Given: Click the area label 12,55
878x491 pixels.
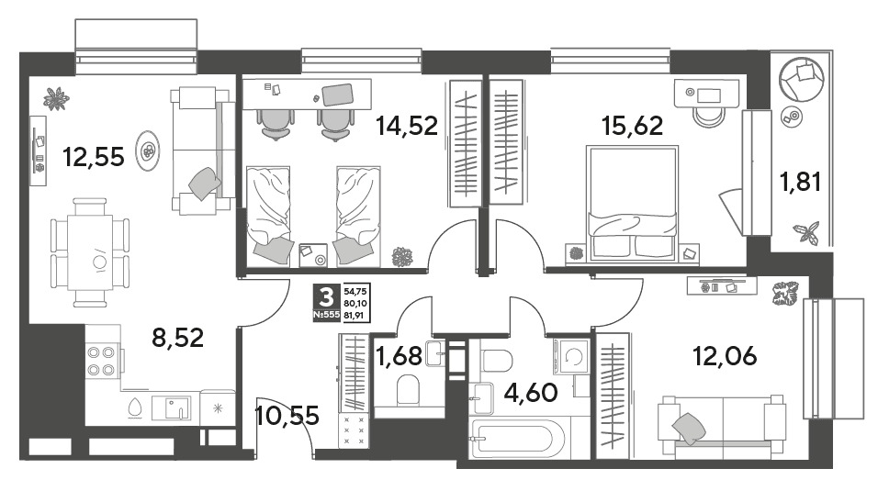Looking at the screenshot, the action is [93, 157].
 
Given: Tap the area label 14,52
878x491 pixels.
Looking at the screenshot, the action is [407, 126].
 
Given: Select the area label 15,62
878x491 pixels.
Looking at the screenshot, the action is [632, 126].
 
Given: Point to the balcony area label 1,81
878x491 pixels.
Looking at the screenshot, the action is [801, 182].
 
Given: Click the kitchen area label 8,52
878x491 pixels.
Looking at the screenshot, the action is [178, 338].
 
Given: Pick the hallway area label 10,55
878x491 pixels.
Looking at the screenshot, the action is [287, 416].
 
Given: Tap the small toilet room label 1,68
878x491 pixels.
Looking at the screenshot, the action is [400, 357].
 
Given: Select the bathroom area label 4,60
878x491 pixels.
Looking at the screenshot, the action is [531, 393].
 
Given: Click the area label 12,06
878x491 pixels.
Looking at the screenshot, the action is [725, 355].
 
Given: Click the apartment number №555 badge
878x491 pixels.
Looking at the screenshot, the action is [326, 315].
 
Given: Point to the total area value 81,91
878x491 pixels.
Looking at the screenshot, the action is [355, 315].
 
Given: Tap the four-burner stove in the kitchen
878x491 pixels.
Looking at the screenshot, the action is [101, 361].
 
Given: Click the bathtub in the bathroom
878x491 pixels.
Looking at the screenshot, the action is [518, 439].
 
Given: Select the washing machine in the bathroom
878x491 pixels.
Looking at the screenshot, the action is [571, 357].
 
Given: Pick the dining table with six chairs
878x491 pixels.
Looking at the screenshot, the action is [90, 252].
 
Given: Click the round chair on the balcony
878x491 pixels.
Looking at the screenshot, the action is [802, 79].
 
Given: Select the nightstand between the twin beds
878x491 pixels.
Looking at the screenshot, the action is [313, 256].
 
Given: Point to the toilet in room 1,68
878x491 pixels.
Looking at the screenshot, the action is [408, 389].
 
